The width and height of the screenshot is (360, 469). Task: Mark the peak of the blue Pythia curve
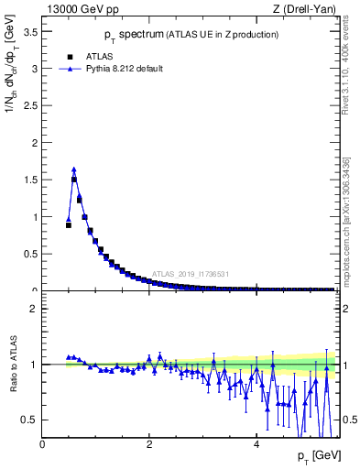[x=73, y=169]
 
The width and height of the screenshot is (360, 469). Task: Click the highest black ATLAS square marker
[x=74, y=180]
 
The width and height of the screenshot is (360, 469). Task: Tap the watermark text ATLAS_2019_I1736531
[x=190, y=273]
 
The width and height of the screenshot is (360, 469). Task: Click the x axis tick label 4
[x=256, y=444]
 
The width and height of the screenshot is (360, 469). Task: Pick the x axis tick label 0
[x=42, y=444]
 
